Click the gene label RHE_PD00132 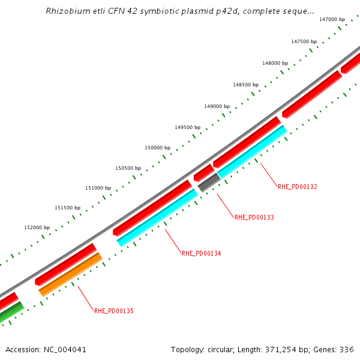297,187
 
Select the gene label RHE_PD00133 254,217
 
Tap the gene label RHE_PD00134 201,253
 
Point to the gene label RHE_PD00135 113,311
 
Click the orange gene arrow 70,274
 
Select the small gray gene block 209,182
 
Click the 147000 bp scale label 332,20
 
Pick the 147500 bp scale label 304,41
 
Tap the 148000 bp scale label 275,63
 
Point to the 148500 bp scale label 245,85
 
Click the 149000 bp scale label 217,106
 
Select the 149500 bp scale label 187,127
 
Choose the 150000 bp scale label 157,148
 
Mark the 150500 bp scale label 128,168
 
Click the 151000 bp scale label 98,188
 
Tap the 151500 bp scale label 67,208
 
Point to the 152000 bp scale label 37,227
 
